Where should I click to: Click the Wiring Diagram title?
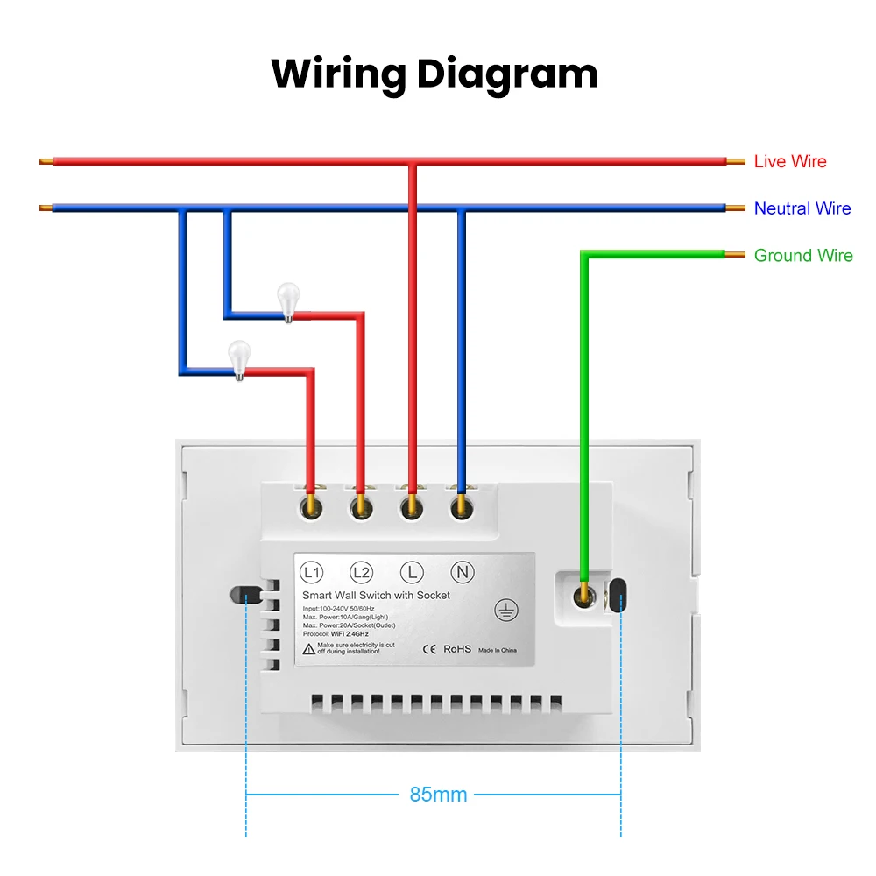pyautogui.click(x=434, y=74)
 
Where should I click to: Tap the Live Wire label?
pyautogui.click(x=790, y=161)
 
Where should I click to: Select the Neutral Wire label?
pyautogui.click(x=802, y=208)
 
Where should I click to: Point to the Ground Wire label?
pyautogui.click(x=803, y=256)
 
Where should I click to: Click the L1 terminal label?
pyautogui.click(x=311, y=573)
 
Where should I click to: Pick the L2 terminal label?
pyautogui.click(x=361, y=573)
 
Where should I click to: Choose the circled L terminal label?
pyautogui.click(x=411, y=573)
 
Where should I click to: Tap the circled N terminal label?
pyautogui.click(x=462, y=573)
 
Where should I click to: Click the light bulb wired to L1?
pyautogui.click(x=238, y=359)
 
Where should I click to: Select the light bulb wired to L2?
pyautogui.click(x=287, y=301)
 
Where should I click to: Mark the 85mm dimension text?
pyautogui.click(x=438, y=795)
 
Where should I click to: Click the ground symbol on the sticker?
pyautogui.click(x=505, y=610)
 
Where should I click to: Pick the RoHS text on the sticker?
pyautogui.click(x=456, y=649)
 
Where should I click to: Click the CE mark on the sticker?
pyautogui.click(x=429, y=649)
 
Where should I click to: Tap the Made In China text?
pyautogui.click(x=498, y=650)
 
